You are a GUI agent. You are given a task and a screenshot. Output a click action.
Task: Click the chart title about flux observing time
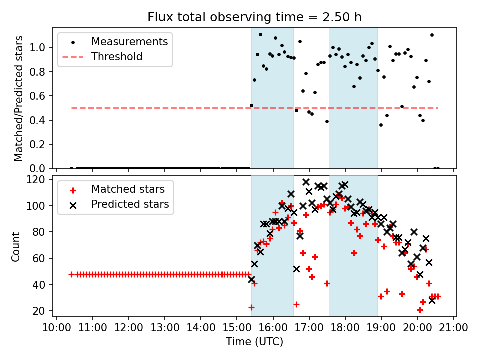coord(254,17)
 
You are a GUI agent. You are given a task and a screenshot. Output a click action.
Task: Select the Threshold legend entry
coord(102,57)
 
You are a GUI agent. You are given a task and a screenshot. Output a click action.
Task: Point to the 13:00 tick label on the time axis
coord(164,328)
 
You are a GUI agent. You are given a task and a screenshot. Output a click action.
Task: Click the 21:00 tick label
coord(453,328)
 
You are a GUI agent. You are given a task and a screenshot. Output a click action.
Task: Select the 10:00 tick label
coord(56,328)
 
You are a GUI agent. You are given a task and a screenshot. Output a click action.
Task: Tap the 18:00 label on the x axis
coord(345,328)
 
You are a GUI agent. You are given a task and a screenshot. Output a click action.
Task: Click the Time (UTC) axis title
coord(254,341)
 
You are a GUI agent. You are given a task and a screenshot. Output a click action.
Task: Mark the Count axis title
coord(15,246)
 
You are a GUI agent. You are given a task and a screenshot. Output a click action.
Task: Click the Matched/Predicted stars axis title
coord(18,98)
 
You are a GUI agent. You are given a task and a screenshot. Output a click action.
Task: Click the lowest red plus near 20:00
coord(420,310)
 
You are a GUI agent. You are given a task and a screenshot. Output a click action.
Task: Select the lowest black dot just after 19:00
coord(381,125)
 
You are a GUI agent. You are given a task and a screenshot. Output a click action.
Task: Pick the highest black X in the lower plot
coord(306,182)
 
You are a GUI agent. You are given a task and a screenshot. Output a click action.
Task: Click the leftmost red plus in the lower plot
coord(71,274)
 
